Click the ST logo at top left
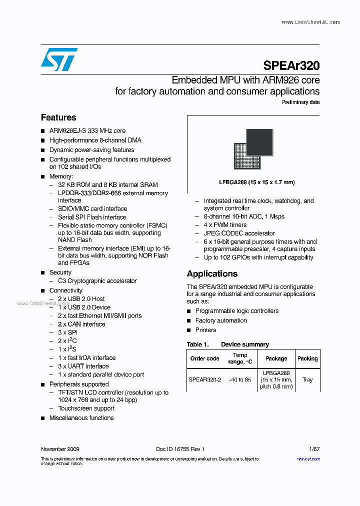[x=59, y=59]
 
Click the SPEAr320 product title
[x=291, y=65]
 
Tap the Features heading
[x=58, y=117]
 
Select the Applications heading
[x=212, y=273]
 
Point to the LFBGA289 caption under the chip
[x=256, y=182]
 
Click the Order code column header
[x=204, y=358]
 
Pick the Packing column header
[x=307, y=358]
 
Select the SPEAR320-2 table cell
[x=204, y=379]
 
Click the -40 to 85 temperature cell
[x=239, y=379]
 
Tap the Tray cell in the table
[x=307, y=379]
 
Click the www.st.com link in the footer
[x=308, y=458]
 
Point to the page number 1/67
[x=313, y=449]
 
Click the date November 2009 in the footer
[x=60, y=449]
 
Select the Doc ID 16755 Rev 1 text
[x=180, y=449]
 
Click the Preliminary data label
[x=300, y=102]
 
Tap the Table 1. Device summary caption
[x=227, y=344]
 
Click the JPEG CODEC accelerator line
[x=239, y=233]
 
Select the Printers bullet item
[x=205, y=330]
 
